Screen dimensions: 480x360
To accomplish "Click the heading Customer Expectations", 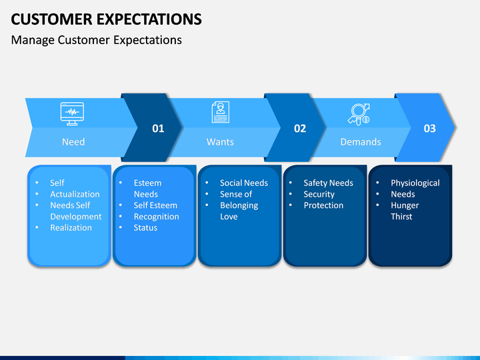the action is [106, 19].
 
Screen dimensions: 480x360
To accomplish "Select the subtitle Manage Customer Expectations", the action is [97, 40].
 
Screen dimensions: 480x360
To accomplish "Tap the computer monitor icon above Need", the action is [72, 113].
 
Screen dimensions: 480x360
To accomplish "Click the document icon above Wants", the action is [221, 113].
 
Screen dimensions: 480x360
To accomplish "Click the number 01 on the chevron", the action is [158, 128].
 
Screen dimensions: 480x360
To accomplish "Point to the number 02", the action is [300, 128].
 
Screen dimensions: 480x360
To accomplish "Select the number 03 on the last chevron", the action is [430, 128].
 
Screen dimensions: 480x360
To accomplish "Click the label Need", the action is [73, 142].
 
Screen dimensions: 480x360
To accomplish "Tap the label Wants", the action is [220, 142].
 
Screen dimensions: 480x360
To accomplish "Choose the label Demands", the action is [361, 142].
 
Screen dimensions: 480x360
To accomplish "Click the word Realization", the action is [71, 228].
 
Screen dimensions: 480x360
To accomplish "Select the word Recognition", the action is [157, 217].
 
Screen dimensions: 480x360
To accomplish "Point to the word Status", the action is [145, 228].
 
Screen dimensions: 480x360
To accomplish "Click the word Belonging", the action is [239, 205].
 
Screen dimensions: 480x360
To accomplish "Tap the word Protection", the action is [323, 205].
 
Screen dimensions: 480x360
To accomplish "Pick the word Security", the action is [319, 195].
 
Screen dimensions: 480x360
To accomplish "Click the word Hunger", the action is [405, 205].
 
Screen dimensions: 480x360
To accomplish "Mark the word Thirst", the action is [401, 217].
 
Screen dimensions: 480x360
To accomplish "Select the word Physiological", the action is [415, 183].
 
